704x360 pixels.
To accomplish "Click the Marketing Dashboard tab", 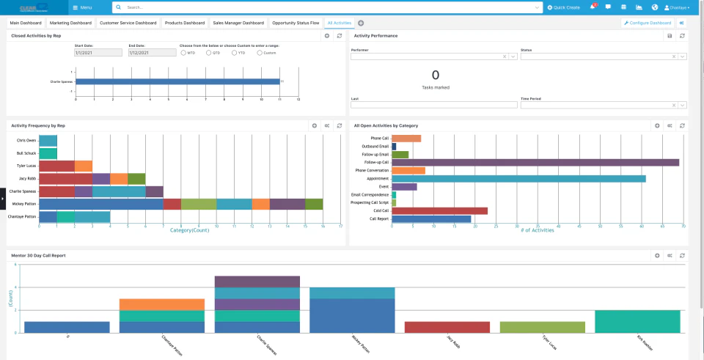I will [x=71, y=23].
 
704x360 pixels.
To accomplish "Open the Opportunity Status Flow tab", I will [x=296, y=23].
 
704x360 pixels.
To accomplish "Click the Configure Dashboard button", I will [x=647, y=23].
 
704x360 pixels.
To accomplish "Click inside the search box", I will [x=330, y=7].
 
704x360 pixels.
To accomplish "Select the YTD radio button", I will [x=234, y=53].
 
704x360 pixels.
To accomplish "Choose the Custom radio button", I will [x=260, y=53].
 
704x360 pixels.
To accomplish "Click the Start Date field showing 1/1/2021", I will [x=98, y=53].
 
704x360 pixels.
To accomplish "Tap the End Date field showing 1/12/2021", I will [x=152, y=53].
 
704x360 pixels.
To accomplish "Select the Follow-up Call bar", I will [x=535, y=163].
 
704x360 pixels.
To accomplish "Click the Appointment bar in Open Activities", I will [x=518, y=178].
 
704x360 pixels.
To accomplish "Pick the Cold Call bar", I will [x=439, y=210].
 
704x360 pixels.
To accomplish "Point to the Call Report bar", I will [x=431, y=218].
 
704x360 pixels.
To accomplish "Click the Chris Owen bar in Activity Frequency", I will [x=48, y=140].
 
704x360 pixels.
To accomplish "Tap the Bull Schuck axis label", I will [x=26, y=153].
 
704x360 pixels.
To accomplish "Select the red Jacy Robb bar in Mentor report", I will [x=447, y=327].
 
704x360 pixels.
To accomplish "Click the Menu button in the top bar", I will [x=83, y=7].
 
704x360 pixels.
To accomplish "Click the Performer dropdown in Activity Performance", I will [x=430, y=56].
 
